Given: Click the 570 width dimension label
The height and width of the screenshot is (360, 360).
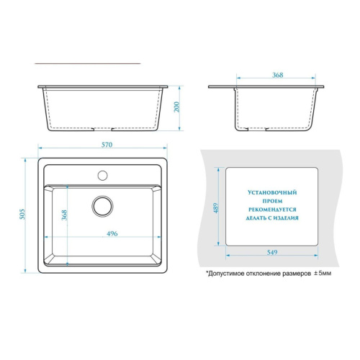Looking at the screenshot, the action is coord(107,145).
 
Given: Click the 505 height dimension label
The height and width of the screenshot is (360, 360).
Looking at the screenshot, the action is coord(22,214).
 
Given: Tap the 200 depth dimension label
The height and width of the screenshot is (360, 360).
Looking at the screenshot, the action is coord(176,107).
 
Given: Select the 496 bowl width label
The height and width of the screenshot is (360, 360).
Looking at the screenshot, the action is coord(112,233).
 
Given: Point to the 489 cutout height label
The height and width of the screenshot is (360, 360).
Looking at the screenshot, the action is coord(216,208).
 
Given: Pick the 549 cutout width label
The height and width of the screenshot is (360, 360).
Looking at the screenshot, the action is coord(272,252).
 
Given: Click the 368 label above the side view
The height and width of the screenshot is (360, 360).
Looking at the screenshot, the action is coord(277,75).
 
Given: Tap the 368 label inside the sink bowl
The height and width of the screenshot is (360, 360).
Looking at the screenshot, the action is coord(64,215).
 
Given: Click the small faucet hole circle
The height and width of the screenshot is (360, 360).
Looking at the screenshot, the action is coord(102,176).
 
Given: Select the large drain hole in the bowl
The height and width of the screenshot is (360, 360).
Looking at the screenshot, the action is coord(102,206).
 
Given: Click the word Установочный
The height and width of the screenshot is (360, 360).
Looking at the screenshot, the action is coord(272,192).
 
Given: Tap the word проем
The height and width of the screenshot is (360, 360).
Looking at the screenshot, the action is coord(272,201).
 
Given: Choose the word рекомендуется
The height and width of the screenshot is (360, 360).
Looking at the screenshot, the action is coord(272,210).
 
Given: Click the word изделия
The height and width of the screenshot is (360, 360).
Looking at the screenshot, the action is coord(286,218).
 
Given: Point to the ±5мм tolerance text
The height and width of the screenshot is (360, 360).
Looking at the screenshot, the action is coord(323,273).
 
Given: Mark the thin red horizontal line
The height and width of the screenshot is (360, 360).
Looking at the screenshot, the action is coord(88,63).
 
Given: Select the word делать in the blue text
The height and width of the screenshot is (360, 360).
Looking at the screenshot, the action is coord(256,218).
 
